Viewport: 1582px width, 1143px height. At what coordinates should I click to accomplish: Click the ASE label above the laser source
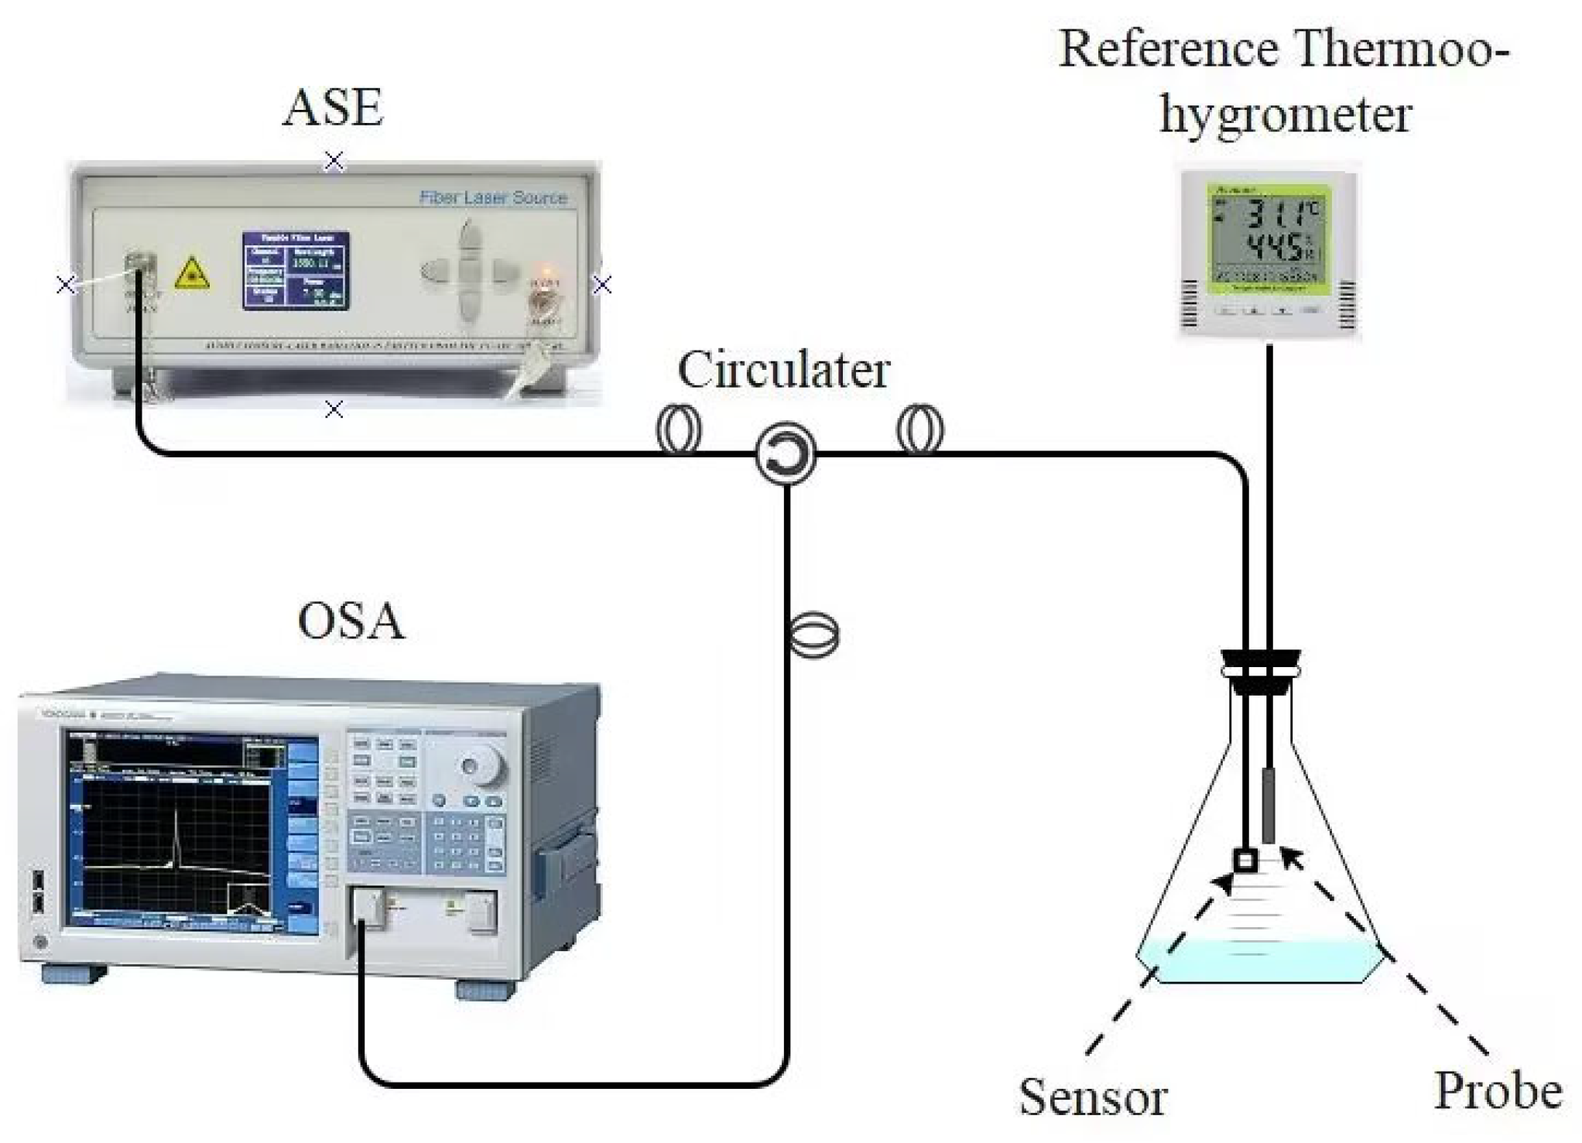pyautogui.click(x=333, y=108)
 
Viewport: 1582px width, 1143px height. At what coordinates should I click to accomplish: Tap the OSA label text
pyautogui.click(x=351, y=621)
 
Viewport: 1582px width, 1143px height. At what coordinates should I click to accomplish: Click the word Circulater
pyautogui.click(x=783, y=370)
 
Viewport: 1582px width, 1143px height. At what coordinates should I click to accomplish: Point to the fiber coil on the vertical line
pyautogui.click(x=812, y=635)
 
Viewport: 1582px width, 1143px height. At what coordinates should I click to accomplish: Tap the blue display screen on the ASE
pyautogui.click(x=296, y=270)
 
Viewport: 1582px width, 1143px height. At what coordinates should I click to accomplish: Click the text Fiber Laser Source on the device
pyautogui.click(x=493, y=197)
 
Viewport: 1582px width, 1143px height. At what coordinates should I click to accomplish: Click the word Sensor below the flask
pyautogui.click(x=1092, y=1097)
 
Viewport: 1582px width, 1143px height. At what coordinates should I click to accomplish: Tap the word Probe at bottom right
pyautogui.click(x=1498, y=1090)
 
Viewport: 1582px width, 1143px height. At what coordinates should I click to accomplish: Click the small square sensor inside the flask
pyautogui.click(x=1244, y=861)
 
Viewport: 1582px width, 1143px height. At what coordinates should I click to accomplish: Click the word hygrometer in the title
pyautogui.click(x=1285, y=115)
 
